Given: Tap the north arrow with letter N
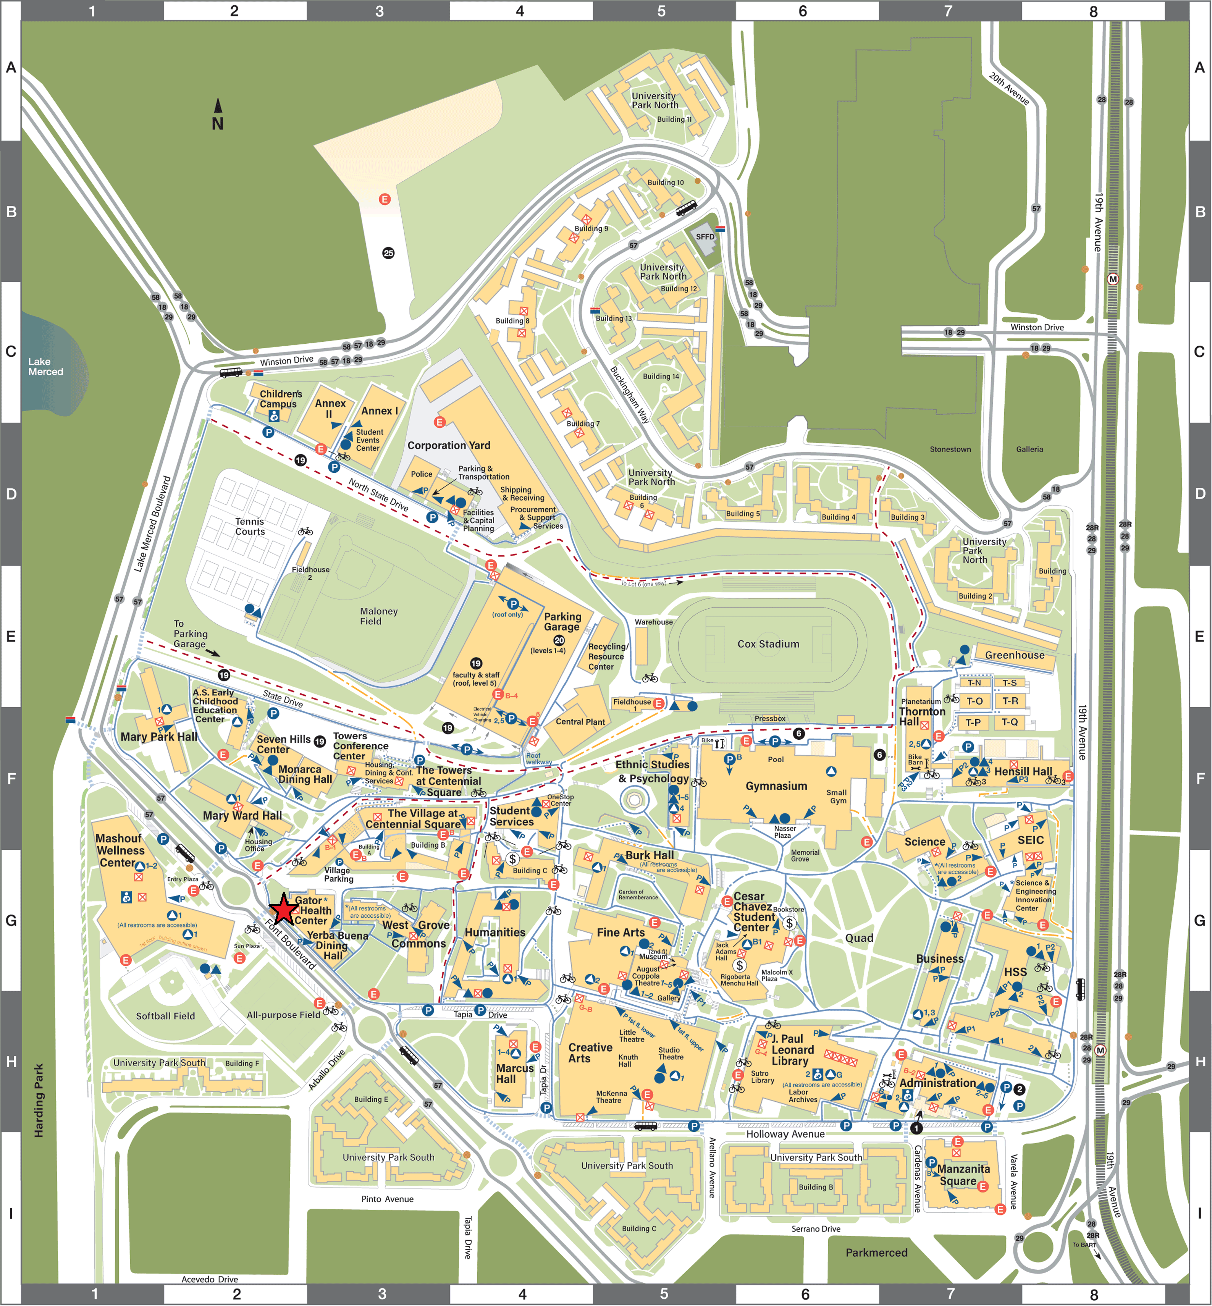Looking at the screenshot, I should pos(218,115).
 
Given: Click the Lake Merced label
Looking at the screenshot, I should pos(45,367).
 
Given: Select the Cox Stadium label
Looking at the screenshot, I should pos(768,644).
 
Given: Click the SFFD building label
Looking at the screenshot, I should pos(705,237).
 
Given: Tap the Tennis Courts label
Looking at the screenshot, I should pos(250,527).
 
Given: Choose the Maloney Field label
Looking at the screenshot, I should pos(378,616).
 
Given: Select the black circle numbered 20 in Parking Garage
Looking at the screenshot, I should pos(559,640).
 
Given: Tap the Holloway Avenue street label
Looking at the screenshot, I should pos(785,1134).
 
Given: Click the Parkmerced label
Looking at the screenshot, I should pos(876,1253).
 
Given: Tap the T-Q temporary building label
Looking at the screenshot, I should pos(1009,722).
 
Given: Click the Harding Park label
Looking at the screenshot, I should pos(39,1101).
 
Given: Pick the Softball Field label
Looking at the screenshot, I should pos(165,1016).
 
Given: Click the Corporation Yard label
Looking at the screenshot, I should pos(449,445).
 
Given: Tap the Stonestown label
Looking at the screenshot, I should pos(950,449).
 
